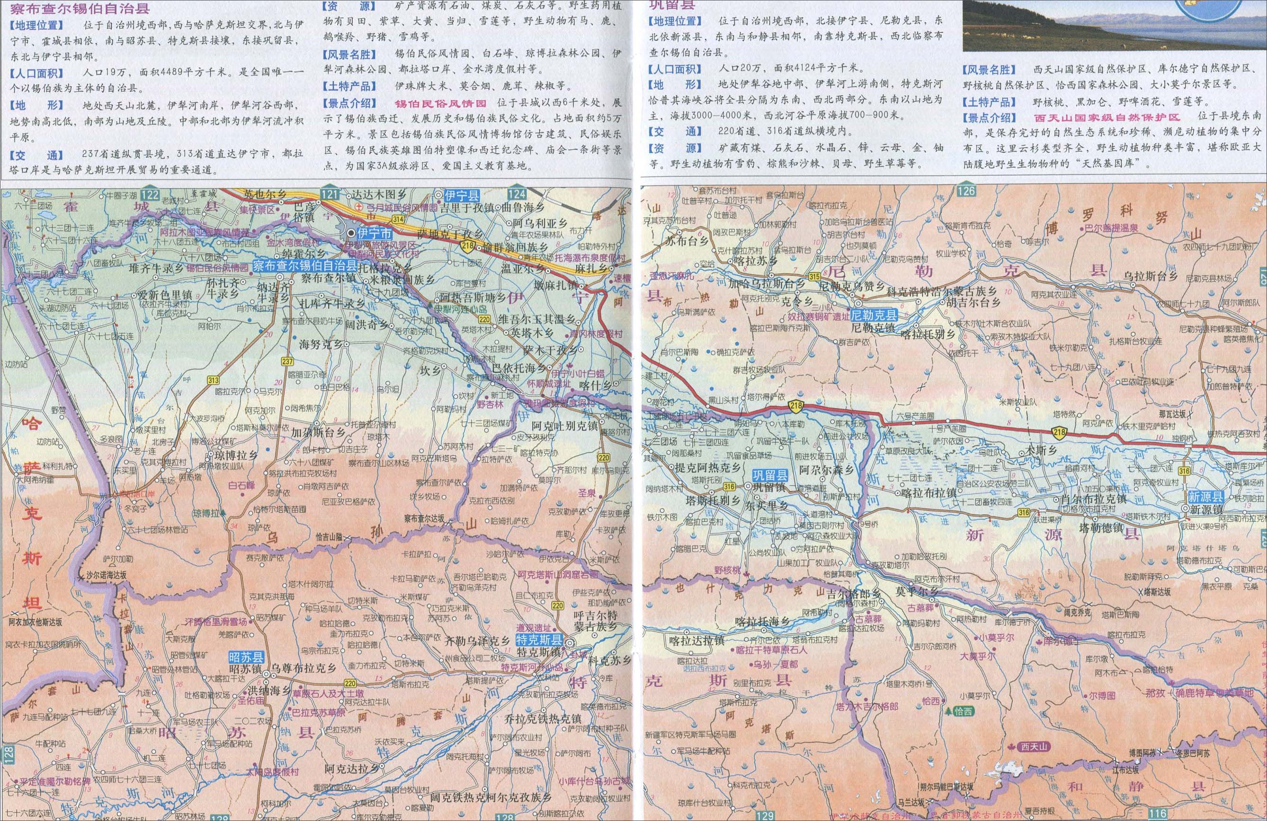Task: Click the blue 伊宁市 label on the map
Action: click(374, 233)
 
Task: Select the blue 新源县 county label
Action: click(1206, 496)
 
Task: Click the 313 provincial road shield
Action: click(214, 380)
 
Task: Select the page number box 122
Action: click(151, 196)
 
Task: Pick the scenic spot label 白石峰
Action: click(241, 485)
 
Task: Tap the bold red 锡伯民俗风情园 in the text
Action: click(440, 103)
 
